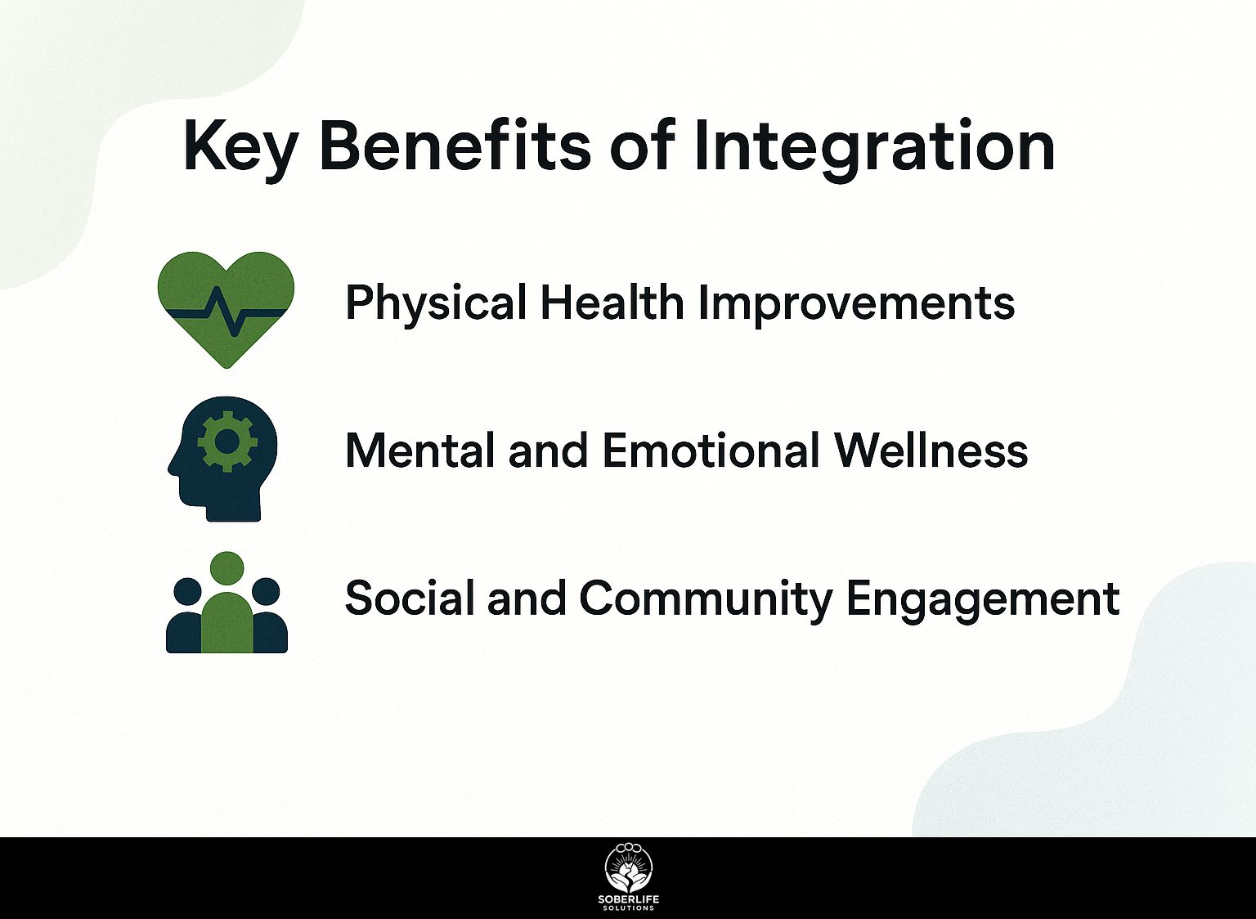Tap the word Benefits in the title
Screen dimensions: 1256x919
coord(455,144)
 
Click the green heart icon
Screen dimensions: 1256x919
coord(227,310)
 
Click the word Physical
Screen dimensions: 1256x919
coord(436,304)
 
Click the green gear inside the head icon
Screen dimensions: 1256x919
coord(227,442)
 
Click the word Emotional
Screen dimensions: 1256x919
coord(711,450)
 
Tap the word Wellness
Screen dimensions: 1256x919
coord(931,450)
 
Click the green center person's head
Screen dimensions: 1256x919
coord(227,567)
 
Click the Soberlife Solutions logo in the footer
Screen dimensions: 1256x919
coord(629,880)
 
